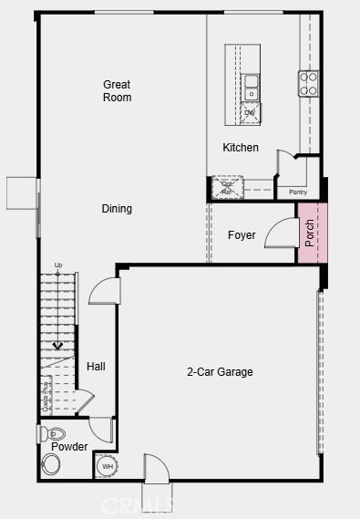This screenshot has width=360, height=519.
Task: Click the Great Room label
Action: click(x=117, y=90)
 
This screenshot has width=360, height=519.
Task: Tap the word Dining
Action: click(x=117, y=209)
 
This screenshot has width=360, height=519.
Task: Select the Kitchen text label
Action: click(x=241, y=148)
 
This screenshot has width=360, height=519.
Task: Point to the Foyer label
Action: click(x=242, y=235)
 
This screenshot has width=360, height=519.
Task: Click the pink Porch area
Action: click(x=310, y=234)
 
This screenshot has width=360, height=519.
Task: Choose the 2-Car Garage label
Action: click(x=220, y=372)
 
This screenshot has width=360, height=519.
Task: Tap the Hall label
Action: click(x=96, y=367)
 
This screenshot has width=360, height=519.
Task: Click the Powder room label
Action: click(x=69, y=447)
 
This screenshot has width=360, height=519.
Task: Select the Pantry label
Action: click(x=298, y=192)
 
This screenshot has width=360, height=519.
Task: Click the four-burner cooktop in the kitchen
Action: click(x=308, y=85)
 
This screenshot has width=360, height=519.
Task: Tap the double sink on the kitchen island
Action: click(x=251, y=88)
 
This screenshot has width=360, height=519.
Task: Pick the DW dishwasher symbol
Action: click(x=250, y=113)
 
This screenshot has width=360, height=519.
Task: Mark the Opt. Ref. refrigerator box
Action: click(x=227, y=188)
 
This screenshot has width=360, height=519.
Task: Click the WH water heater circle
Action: click(x=108, y=467)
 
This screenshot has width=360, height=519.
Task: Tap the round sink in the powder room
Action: click(x=52, y=465)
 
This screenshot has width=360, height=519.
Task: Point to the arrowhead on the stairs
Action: click(x=59, y=346)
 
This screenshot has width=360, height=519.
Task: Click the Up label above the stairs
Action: click(x=59, y=265)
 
